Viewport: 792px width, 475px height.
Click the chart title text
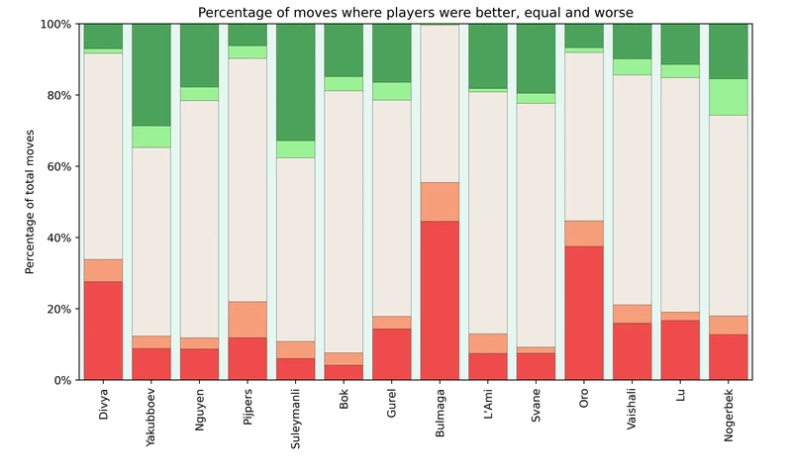click(416, 13)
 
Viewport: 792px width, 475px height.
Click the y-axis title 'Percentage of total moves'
click(31, 202)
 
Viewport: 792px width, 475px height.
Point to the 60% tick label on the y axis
click(56, 166)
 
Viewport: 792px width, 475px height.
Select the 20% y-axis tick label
click(56, 309)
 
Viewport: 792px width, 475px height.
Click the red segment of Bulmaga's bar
click(441, 301)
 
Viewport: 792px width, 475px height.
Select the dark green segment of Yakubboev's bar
click(151, 75)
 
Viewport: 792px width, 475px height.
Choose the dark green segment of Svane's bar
click(537, 58)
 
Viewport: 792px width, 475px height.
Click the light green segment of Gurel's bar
click(392, 91)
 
